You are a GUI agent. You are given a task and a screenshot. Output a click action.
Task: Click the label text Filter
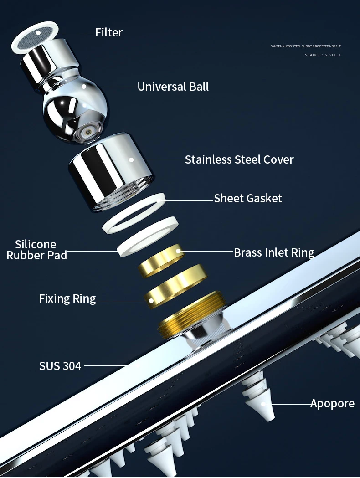pos(108,32)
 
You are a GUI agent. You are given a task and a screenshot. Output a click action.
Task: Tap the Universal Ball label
pos(173,87)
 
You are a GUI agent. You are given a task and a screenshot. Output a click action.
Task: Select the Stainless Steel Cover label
pos(239,159)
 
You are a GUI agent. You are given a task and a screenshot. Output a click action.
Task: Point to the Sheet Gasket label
pos(248,198)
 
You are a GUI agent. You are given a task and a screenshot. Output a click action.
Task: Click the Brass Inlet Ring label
pos(274,252)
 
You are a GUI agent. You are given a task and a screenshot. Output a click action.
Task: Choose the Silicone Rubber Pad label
pos(36,250)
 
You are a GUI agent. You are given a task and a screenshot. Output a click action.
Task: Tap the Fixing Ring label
pos(67,299)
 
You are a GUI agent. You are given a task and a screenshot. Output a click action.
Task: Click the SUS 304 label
pos(60,365)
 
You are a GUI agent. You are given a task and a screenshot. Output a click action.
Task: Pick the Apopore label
pos(332,404)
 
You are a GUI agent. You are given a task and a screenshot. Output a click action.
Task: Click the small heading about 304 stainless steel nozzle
pos(305,46)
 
